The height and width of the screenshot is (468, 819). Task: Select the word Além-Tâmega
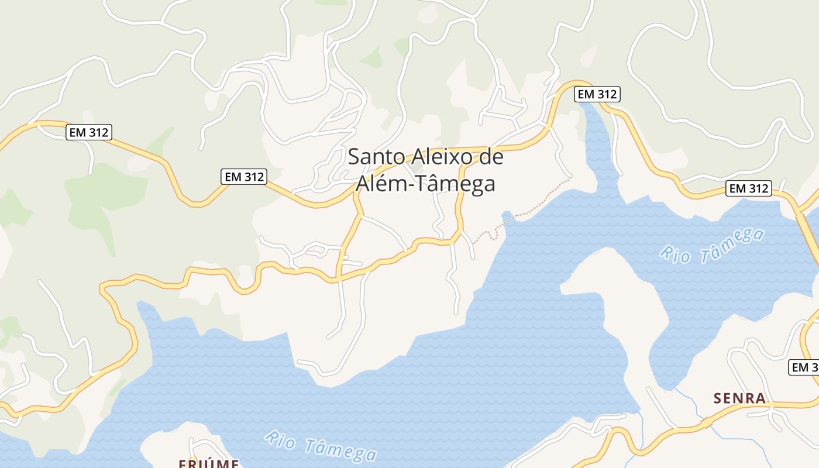click(x=425, y=184)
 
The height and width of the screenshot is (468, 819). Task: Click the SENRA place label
click(x=739, y=398)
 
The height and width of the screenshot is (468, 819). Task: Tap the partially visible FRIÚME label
click(x=208, y=463)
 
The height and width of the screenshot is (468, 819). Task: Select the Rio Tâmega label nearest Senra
click(x=712, y=245)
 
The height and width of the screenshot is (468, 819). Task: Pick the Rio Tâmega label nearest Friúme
click(x=320, y=446)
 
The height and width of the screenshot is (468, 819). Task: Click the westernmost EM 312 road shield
click(x=89, y=132)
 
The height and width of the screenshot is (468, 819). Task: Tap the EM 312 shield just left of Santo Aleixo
click(x=244, y=176)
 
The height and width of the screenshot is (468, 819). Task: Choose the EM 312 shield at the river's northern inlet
click(x=597, y=94)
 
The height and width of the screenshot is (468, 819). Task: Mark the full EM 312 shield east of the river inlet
click(x=748, y=188)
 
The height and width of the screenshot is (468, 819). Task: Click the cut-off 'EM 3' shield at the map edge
click(x=805, y=367)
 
